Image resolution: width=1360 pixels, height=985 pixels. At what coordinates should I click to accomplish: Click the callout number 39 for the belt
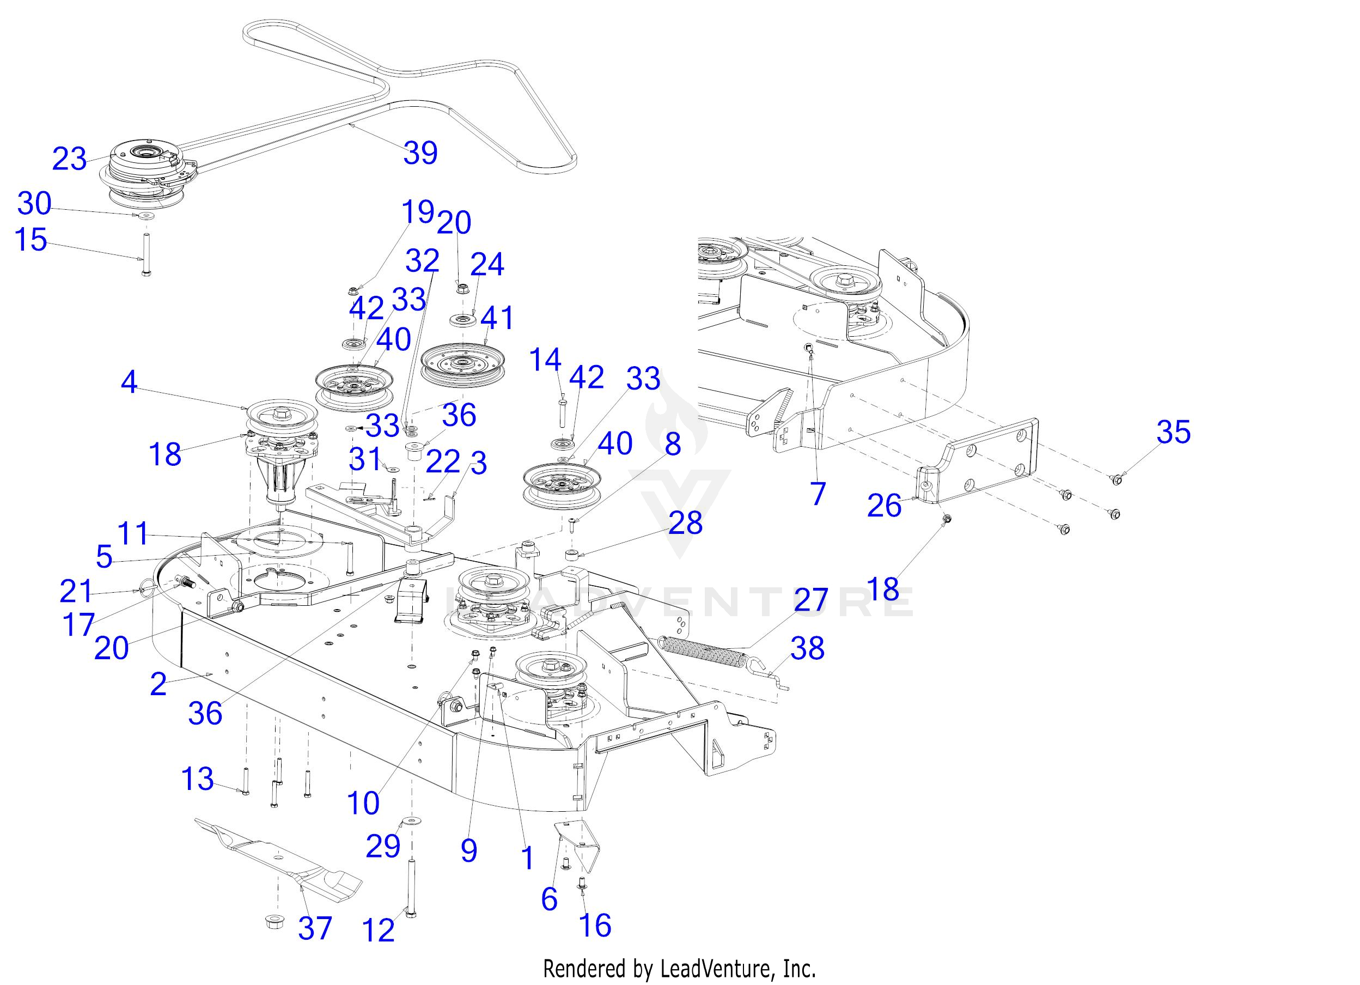pos(420,153)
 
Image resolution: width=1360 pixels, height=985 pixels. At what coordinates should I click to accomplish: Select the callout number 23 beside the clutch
pos(70,160)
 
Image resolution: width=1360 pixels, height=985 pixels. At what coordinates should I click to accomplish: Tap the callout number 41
pos(497,318)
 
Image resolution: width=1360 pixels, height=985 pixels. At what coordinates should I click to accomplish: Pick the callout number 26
pos(884,506)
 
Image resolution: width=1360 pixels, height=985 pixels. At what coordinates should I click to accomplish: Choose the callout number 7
pos(818,494)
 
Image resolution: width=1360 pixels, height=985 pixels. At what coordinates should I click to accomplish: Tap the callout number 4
pos(129,381)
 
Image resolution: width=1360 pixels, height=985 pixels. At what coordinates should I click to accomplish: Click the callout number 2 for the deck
pos(158,684)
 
